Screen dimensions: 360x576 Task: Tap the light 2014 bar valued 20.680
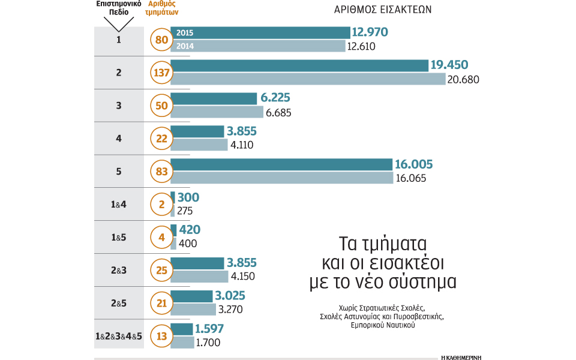[x=308, y=79]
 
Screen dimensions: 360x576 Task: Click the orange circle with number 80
[x=161, y=40]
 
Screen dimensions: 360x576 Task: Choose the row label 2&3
[x=119, y=271]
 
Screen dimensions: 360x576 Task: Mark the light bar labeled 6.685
[x=217, y=112]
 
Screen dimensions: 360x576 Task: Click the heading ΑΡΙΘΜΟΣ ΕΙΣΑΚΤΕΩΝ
[x=382, y=9]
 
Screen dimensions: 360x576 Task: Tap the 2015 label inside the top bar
[x=185, y=33]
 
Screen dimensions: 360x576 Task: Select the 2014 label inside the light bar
[x=185, y=46]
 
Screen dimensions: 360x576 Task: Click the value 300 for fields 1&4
[x=188, y=197]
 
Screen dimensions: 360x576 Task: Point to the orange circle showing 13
[x=161, y=337]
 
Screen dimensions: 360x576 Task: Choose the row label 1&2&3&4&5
[x=119, y=337]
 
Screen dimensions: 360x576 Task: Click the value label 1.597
[x=212, y=329]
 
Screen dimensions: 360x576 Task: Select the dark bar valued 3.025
[x=192, y=296]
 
